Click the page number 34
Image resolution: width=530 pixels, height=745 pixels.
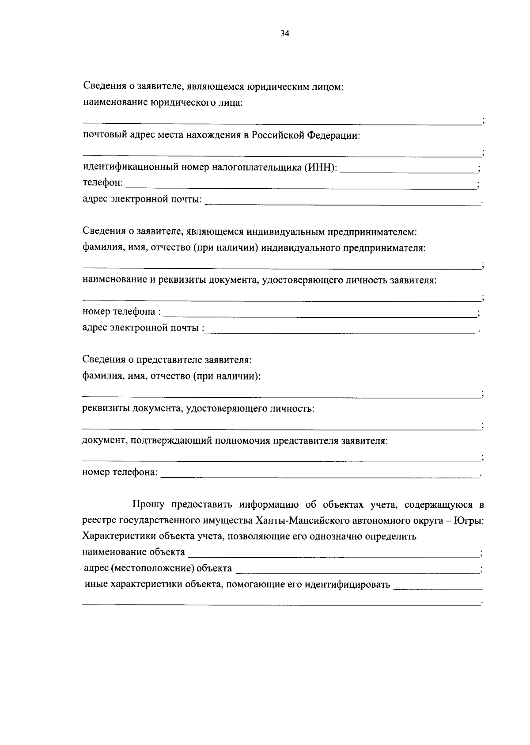point(284,34)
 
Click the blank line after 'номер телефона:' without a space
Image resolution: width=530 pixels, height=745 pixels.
point(320,475)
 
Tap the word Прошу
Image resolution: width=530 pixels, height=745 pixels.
point(148,505)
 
